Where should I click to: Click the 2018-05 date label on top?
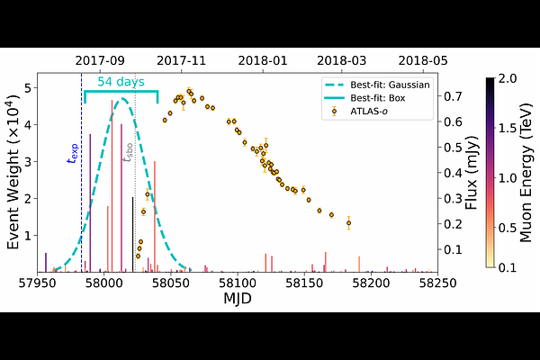(423, 60)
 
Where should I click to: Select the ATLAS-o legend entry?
(374, 111)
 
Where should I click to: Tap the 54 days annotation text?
(121, 82)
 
